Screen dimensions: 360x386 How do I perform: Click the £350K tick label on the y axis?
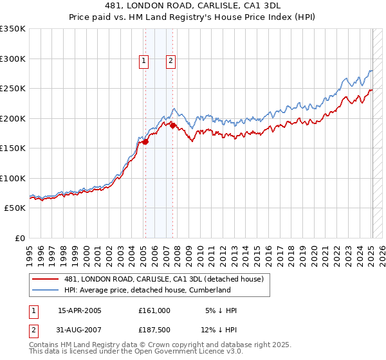(13, 29)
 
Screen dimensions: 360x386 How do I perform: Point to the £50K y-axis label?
(14, 208)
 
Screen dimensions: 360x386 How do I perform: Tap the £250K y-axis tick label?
(13, 89)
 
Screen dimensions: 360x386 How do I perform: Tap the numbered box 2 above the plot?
(170, 62)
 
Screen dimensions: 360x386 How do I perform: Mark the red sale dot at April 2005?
(145, 142)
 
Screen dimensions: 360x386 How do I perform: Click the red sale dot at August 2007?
(172, 126)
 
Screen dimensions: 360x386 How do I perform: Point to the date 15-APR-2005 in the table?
(80, 310)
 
